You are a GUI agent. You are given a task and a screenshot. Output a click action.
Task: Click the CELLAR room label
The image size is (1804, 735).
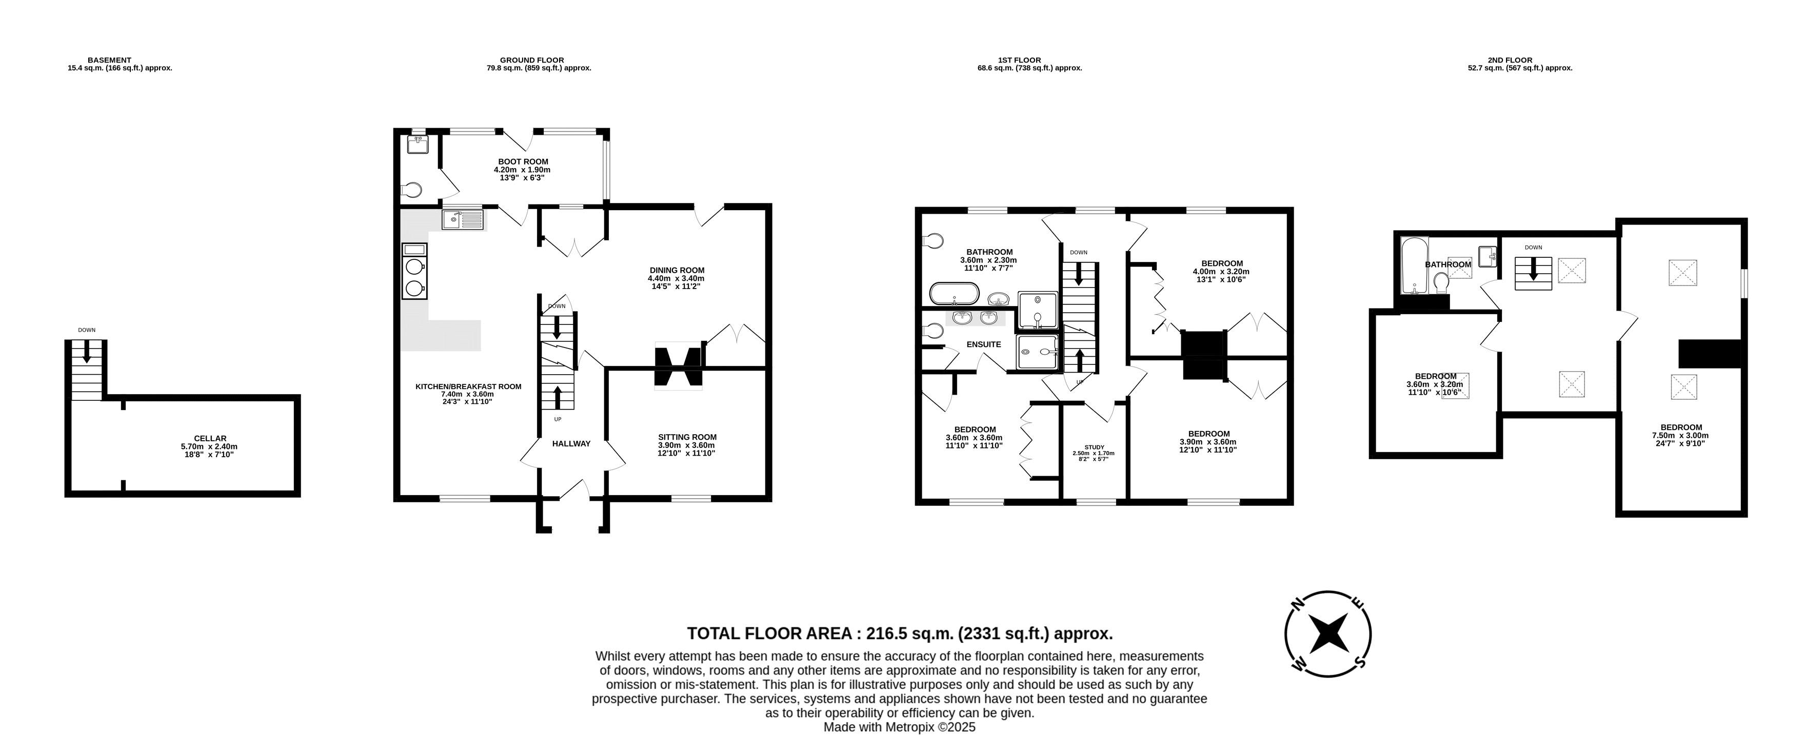pos(210,438)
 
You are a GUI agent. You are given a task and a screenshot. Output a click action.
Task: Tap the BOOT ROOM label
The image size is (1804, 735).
pos(523,161)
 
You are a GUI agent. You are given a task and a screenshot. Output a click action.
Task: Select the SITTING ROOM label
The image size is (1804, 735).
pos(687,437)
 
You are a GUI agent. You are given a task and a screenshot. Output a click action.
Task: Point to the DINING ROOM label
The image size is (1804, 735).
pos(677,270)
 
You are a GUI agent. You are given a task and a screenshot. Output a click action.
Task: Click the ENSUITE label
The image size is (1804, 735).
pos(983,344)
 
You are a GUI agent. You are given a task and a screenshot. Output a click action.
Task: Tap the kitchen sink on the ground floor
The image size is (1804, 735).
pos(463,220)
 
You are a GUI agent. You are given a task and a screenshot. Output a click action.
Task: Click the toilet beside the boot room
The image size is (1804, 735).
pos(412,190)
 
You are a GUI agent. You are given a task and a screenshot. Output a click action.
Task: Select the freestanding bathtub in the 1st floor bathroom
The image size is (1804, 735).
pos(955,293)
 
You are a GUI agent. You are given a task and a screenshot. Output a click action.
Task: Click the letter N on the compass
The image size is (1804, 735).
pos(1297,603)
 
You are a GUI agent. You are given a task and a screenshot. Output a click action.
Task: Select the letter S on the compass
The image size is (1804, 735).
pos(1359,662)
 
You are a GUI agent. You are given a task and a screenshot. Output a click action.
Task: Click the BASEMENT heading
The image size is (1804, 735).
pos(109,60)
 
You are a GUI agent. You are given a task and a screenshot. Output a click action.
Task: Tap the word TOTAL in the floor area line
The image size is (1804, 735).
pos(713,634)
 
